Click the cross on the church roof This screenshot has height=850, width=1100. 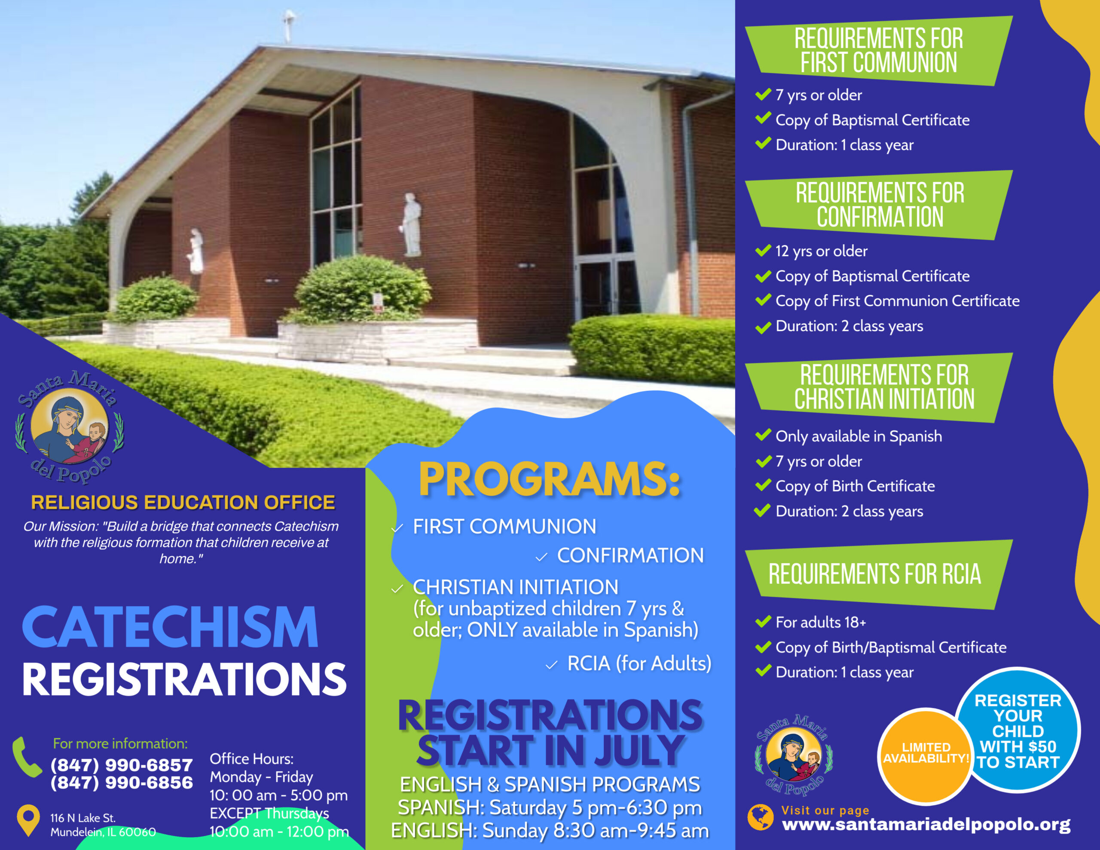point(289,25)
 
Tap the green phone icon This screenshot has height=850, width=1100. point(27,757)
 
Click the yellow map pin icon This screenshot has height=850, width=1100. point(28,820)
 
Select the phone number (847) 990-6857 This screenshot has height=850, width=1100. point(121,765)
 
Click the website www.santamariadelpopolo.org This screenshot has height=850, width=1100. point(926,825)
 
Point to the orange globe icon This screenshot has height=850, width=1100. point(760,817)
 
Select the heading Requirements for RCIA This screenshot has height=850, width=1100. point(874,574)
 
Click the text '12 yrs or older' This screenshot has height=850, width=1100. point(822,251)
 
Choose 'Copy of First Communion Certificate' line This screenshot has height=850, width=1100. point(898,301)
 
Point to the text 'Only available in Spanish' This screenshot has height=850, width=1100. point(859,436)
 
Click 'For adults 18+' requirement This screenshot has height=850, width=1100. point(821,622)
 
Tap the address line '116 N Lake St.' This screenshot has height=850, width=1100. point(82,818)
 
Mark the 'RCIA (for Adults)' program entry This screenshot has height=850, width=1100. point(639,663)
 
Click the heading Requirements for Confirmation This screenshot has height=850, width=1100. point(880,205)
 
